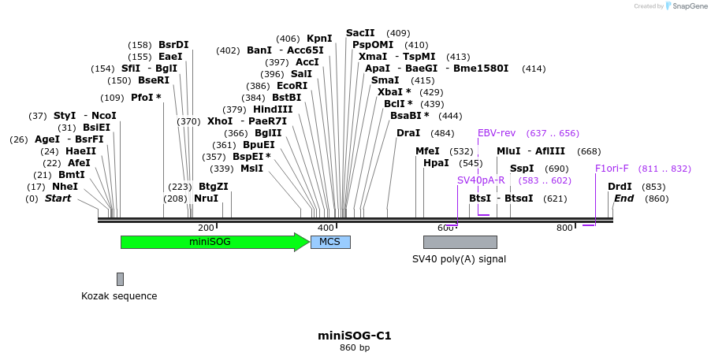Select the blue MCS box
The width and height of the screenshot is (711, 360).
coord(330,242)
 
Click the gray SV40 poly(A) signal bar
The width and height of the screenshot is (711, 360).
coord(460,242)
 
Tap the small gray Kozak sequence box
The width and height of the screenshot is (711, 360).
coord(120,279)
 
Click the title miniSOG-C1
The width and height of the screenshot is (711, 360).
coord(355,336)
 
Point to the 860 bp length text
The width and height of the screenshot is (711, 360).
coord(355,347)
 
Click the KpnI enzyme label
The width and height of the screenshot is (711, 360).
coord(319,38)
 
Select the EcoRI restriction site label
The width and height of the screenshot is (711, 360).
coord(292,85)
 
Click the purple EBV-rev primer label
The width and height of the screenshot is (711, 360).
coord(497,132)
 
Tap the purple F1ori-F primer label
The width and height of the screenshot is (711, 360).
coord(612,168)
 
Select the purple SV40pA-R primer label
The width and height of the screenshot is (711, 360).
coord(481,180)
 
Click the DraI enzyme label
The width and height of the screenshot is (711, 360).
coord(408,132)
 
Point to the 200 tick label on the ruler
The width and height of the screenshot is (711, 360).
coord(205,228)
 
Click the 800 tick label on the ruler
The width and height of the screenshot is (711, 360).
coord(564,228)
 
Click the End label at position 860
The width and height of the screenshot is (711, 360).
coord(624,198)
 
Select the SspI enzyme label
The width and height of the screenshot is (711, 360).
coord(522,168)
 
